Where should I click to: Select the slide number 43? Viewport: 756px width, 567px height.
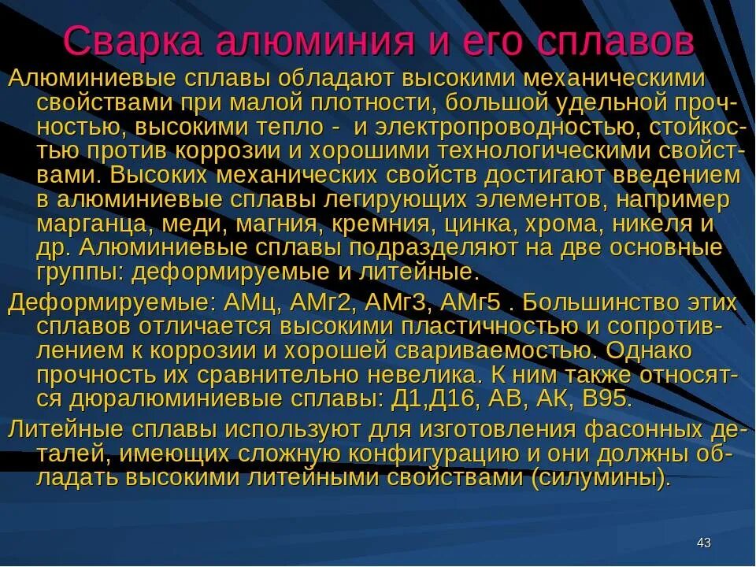[704, 543]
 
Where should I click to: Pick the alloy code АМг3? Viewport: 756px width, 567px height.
[397, 303]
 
